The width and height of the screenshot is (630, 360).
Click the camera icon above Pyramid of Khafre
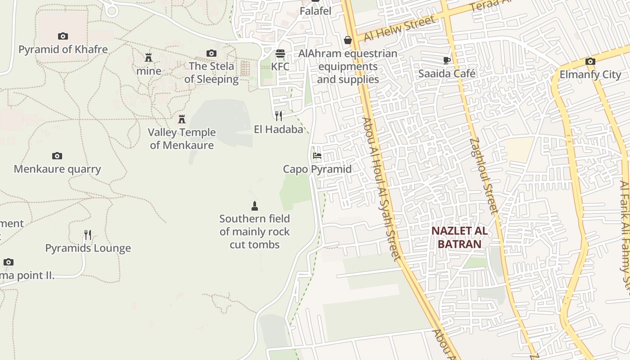[63, 36]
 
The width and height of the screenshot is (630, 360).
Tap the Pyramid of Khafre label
[63, 49]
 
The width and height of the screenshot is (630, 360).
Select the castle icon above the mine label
[148, 57]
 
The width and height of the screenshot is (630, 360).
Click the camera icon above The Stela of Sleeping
[211, 54]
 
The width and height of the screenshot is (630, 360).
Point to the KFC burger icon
[280, 54]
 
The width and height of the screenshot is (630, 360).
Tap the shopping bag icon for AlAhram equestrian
[348, 40]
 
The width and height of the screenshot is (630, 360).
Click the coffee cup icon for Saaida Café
[446, 60]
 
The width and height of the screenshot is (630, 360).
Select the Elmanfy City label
[590, 75]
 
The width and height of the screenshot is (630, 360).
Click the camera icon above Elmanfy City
[590, 62]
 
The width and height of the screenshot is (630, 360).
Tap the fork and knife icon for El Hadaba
[279, 116]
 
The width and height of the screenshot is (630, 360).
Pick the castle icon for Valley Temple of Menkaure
[182, 119]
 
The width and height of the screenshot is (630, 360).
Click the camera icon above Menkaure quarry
[57, 156]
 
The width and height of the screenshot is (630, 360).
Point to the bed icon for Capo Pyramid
[317, 156]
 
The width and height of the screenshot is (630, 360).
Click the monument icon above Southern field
[255, 206]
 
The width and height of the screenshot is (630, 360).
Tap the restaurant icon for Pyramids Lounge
[88, 235]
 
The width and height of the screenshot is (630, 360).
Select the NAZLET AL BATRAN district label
[459, 238]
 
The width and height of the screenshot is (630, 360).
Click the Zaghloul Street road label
[484, 175]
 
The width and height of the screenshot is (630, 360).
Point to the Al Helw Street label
[400, 28]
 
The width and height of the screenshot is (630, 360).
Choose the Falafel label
[315, 11]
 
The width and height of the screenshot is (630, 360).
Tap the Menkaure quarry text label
[57, 169]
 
